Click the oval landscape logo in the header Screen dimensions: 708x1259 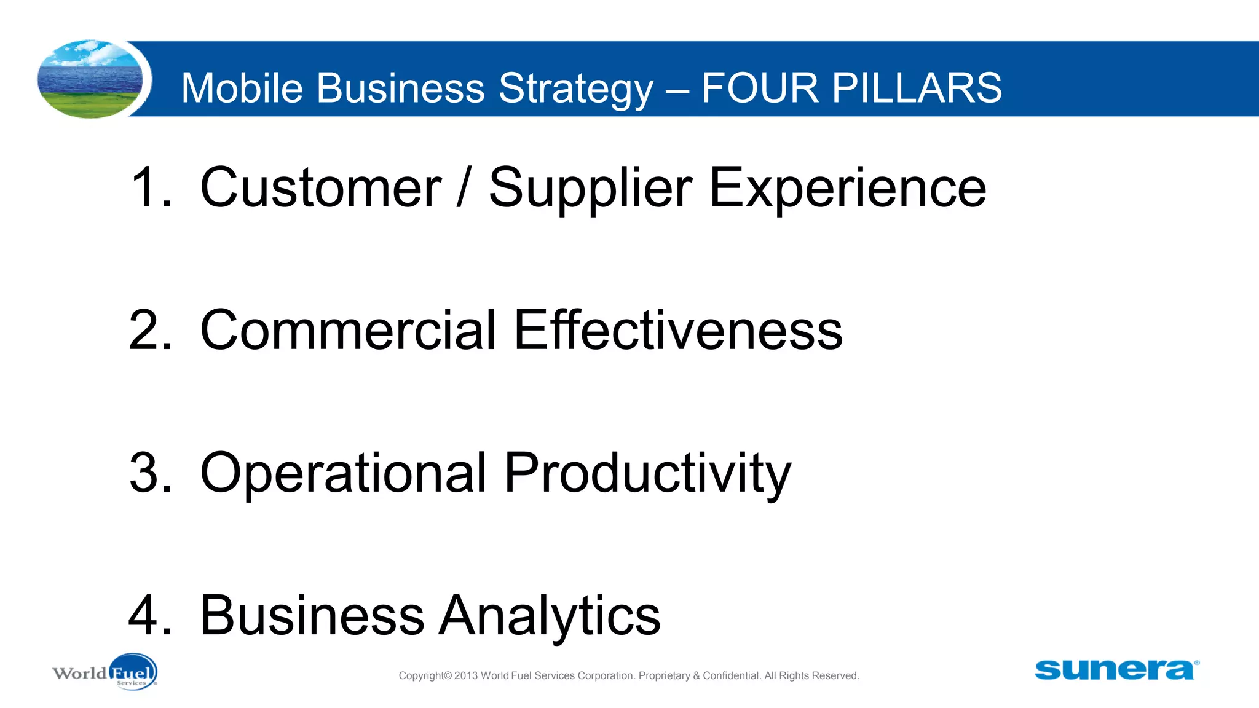(90, 79)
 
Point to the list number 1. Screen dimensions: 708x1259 (149, 187)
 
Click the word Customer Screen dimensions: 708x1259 (320, 187)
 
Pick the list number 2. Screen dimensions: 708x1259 (149, 330)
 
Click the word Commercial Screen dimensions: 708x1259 (348, 330)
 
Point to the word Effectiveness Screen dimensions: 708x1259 (678, 330)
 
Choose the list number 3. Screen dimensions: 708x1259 (149, 473)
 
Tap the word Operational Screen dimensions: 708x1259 (344, 474)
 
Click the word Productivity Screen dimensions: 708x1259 (647, 474)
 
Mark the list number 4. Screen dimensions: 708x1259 (149, 615)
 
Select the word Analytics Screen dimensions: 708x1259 (550, 616)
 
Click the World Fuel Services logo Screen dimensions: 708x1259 (105, 672)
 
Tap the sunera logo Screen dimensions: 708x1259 (1116, 670)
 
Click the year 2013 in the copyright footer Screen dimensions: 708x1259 (466, 676)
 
